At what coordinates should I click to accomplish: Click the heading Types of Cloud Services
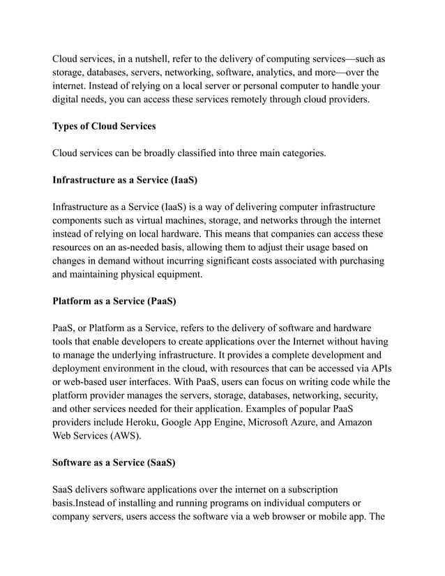click(105, 126)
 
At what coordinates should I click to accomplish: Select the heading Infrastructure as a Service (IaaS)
click(125, 180)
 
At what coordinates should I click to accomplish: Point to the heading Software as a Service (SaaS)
click(114, 462)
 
